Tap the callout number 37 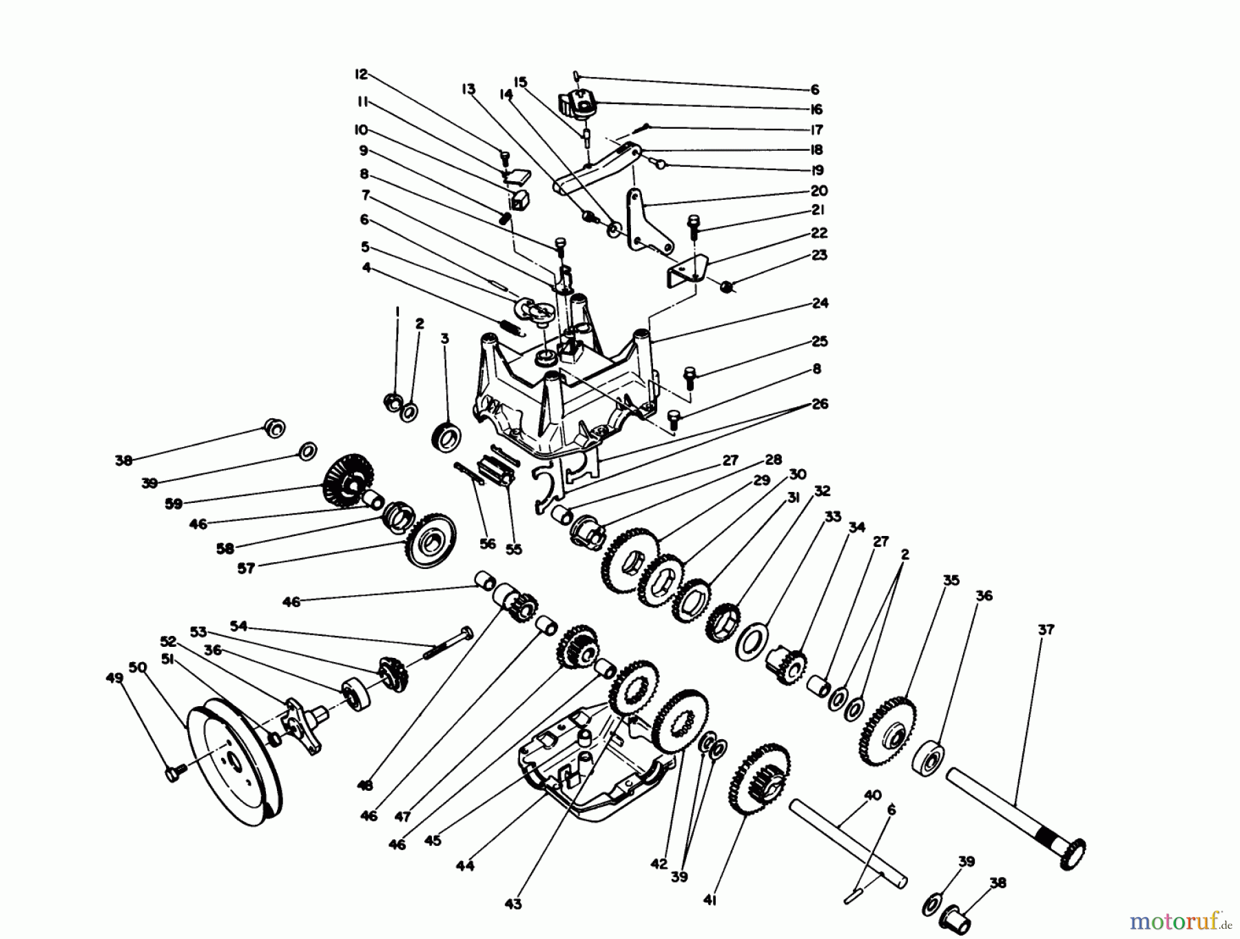[1046, 629]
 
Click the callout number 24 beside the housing [819, 303]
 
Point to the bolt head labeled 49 [172, 774]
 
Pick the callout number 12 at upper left [362, 74]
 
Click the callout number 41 [710, 900]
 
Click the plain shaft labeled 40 [847, 840]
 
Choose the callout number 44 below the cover [465, 866]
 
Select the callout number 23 [819, 256]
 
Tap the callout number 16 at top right [816, 110]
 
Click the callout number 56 [487, 544]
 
